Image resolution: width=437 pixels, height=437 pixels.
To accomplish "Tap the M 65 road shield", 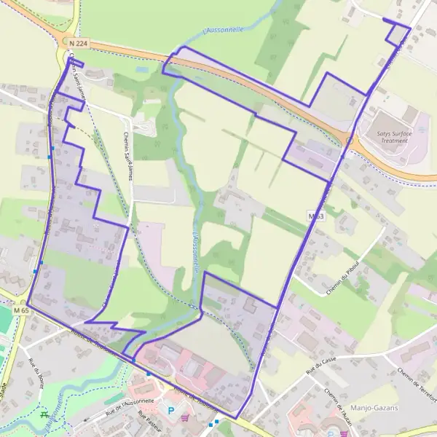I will click(x=21, y=310).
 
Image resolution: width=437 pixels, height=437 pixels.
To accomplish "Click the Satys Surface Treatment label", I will click(x=394, y=137).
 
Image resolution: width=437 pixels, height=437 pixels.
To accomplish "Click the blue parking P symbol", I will click(x=172, y=410).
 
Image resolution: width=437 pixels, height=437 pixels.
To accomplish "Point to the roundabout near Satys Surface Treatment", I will click(x=350, y=139).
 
